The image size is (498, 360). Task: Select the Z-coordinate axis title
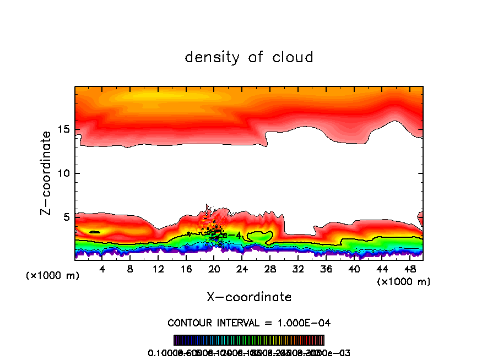48,173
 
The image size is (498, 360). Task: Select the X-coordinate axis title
249,297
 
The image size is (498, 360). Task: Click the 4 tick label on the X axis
102,270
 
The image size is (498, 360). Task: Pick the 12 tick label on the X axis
158,270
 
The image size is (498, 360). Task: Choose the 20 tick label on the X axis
214,270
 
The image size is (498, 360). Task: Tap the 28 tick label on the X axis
270,270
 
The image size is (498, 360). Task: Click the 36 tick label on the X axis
326,270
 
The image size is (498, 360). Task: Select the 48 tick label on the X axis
409,270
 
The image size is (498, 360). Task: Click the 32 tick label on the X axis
298,270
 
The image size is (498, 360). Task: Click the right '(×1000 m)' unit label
404,282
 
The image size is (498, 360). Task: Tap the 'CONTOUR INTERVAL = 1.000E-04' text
249,323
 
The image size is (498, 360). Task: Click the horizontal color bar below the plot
249,340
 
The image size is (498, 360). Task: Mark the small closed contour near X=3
95,232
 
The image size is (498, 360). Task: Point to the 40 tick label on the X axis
354,270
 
